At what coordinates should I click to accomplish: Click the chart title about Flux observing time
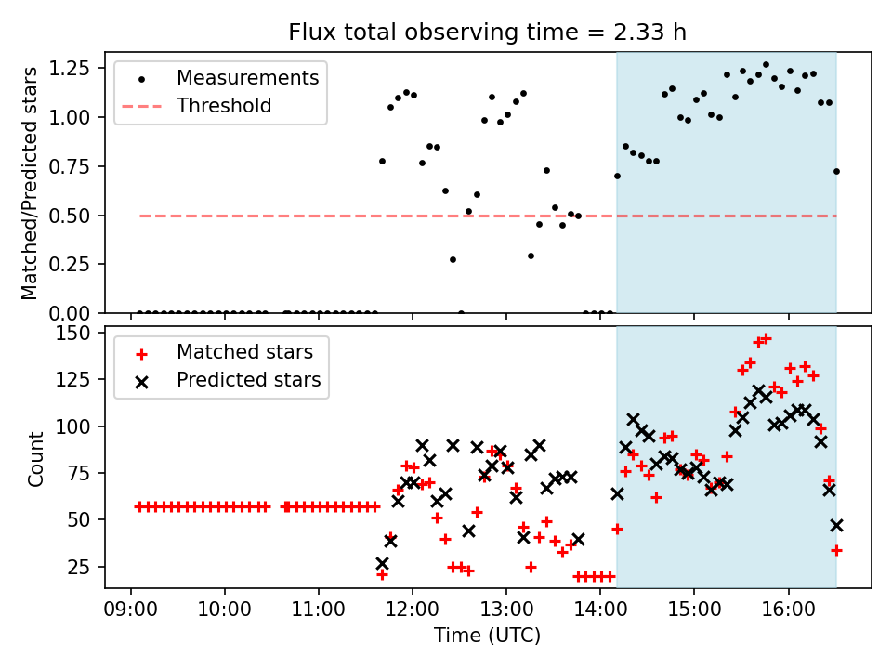pyautogui.click(x=487, y=33)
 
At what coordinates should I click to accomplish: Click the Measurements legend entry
pyautogui.click(x=247, y=77)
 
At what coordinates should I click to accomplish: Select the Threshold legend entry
pyautogui.click(x=224, y=106)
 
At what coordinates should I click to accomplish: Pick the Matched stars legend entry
pyautogui.click(x=244, y=352)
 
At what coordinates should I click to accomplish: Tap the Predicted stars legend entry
pyautogui.click(x=248, y=380)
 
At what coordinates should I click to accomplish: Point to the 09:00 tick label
pyautogui.click(x=130, y=614)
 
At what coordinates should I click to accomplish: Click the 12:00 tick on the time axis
pyautogui.click(x=412, y=614)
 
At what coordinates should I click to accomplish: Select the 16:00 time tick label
pyautogui.click(x=788, y=614)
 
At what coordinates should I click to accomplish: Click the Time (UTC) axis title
pyautogui.click(x=487, y=636)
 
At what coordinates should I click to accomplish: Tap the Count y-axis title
pyautogui.click(x=36, y=459)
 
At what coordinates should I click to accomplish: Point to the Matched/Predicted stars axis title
pyautogui.click(x=31, y=183)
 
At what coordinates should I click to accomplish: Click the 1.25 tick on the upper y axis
pyautogui.click(x=72, y=69)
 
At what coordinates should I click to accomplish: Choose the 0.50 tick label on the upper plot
pyautogui.click(x=72, y=216)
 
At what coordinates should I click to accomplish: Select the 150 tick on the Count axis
pyautogui.click(x=78, y=334)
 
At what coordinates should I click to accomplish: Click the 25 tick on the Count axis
pyautogui.click(x=84, y=567)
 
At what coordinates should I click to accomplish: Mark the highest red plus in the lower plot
pyautogui.click(x=766, y=338)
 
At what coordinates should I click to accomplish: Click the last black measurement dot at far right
pyautogui.click(x=836, y=171)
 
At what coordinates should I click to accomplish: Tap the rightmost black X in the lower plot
pyautogui.click(x=836, y=525)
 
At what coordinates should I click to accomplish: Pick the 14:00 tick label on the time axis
pyautogui.click(x=600, y=614)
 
